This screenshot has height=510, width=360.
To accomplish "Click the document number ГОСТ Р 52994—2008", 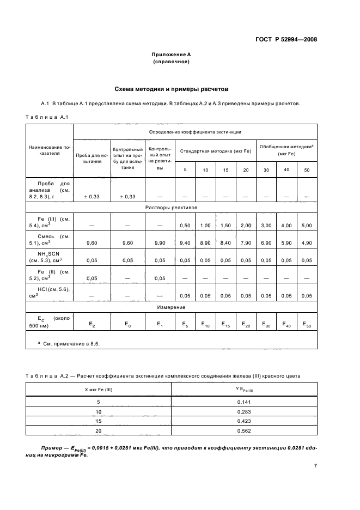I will coord(286,40).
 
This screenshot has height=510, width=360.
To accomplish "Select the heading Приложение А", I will coord(171,55).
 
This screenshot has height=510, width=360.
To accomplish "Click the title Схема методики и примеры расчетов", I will coord(171,88).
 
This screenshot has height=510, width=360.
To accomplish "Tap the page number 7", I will coord(315,466).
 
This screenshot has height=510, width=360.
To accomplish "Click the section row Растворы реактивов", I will coord(171,208).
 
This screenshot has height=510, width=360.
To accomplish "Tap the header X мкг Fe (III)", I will coord(99,389).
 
